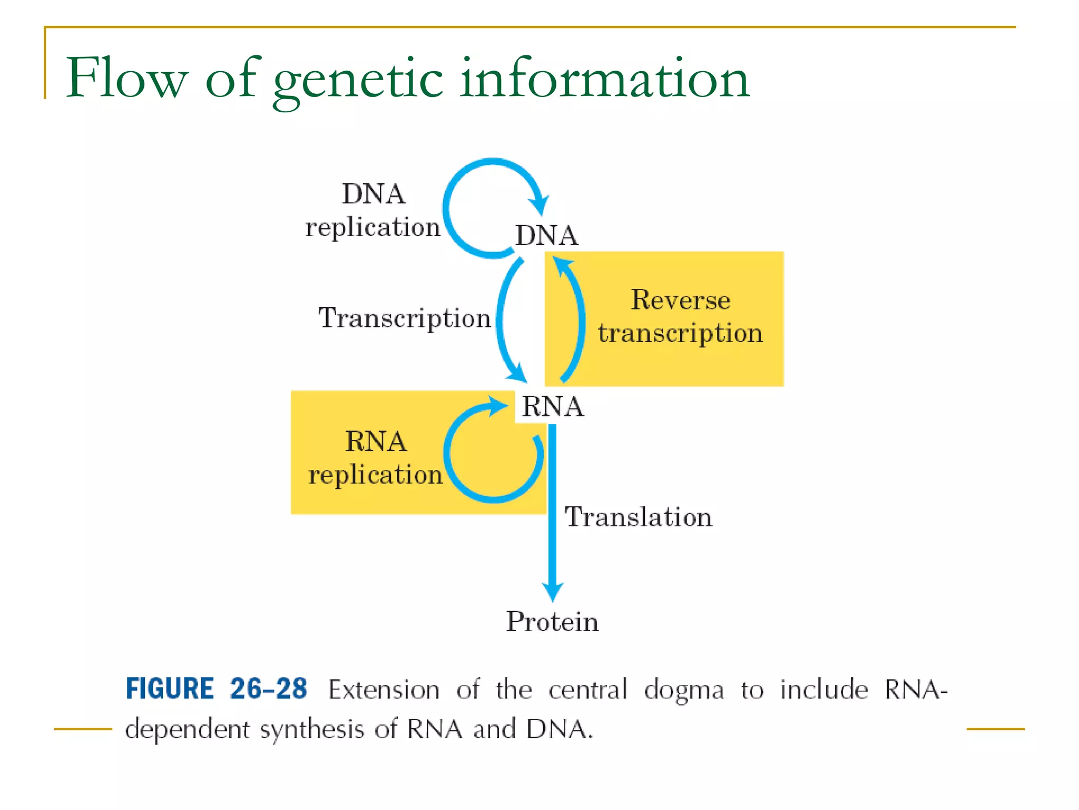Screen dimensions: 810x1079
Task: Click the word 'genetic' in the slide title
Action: pyautogui.click(x=358, y=79)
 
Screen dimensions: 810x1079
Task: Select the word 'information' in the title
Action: pyautogui.click(x=604, y=79)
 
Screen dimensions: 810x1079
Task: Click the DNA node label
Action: pyautogui.click(x=546, y=235)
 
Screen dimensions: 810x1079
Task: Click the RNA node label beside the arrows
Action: pyautogui.click(x=552, y=407)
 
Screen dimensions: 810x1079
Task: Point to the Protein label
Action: pyautogui.click(x=552, y=621)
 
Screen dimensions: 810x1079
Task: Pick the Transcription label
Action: pyautogui.click(x=405, y=318)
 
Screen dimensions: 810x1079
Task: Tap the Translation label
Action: pyautogui.click(x=638, y=517)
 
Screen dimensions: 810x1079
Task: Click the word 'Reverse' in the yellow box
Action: pyautogui.click(x=680, y=300)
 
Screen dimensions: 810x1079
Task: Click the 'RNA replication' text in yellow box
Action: pyautogui.click(x=375, y=458)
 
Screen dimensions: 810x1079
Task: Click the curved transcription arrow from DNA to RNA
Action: pyautogui.click(x=500, y=322)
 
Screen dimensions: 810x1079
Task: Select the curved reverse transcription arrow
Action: pyautogui.click(x=580, y=322)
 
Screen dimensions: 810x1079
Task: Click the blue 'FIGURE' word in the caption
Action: pyautogui.click(x=170, y=689)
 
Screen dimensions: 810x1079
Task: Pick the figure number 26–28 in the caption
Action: pyautogui.click(x=268, y=689)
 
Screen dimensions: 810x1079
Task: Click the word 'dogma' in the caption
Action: pyautogui.click(x=683, y=690)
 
